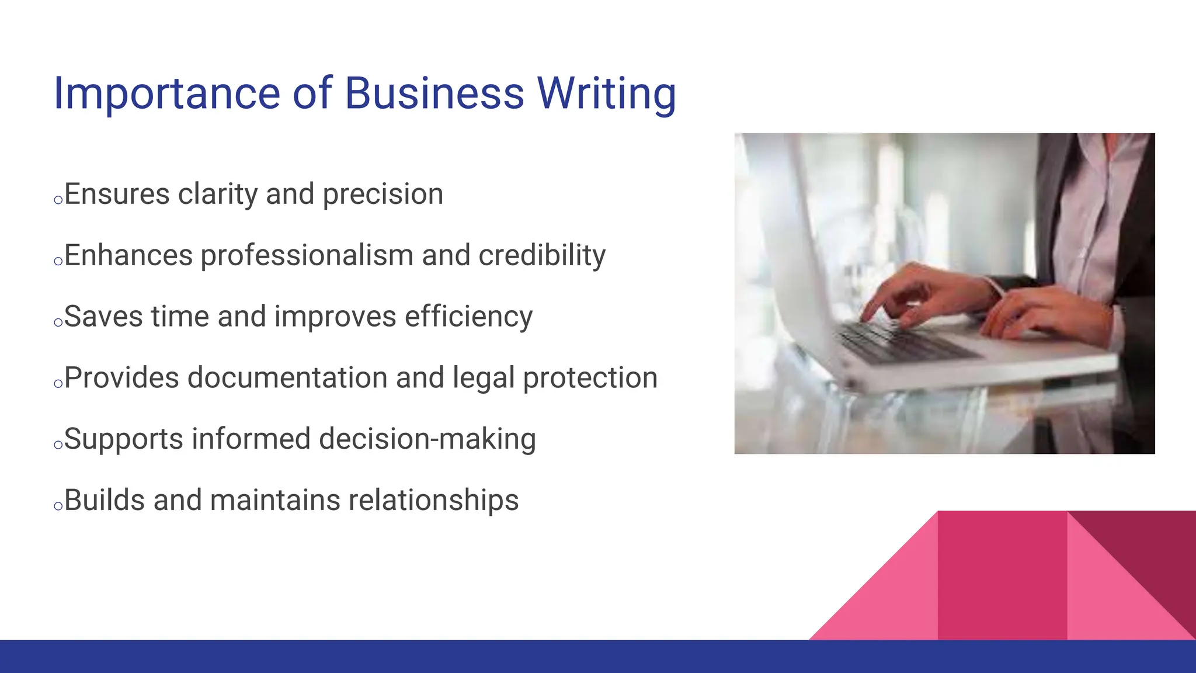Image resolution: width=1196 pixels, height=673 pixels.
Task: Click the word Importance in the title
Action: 167,93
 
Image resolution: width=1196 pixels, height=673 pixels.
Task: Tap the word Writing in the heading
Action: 606,93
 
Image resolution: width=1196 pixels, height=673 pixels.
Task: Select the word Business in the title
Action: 434,93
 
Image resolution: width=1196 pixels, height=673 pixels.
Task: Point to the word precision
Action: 383,195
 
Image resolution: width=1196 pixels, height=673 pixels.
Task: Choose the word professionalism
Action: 307,256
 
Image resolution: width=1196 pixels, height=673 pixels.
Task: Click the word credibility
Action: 542,256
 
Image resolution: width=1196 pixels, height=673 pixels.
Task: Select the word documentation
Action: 287,378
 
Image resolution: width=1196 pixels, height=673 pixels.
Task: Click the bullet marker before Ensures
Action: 58,200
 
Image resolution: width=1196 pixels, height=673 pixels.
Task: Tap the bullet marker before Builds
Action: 58,507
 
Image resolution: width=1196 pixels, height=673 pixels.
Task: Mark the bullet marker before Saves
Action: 58,322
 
